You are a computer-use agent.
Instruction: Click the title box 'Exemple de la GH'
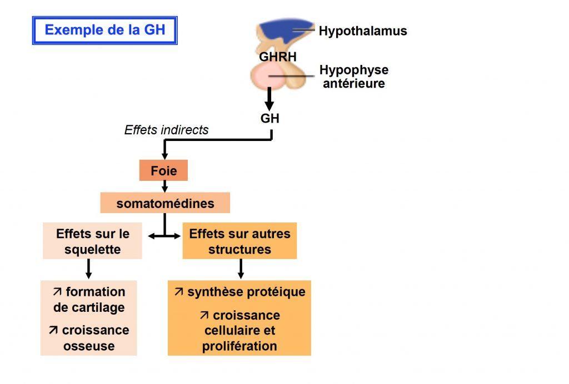[x=104, y=30]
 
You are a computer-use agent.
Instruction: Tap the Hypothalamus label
[x=362, y=31]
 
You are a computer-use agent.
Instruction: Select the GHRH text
[x=278, y=57]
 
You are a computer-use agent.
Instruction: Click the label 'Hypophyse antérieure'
[x=353, y=77]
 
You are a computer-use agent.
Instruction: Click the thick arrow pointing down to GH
[x=269, y=100]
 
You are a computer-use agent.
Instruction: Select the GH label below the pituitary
[x=270, y=118]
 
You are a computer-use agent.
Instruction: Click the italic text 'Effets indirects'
[x=167, y=130]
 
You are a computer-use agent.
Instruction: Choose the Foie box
[x=164, y=171]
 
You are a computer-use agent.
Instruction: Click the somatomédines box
[x=165, y=204]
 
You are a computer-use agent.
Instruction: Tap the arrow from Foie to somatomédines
[x=164, y=187]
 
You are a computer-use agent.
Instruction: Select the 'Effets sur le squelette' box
[x=92, y=241]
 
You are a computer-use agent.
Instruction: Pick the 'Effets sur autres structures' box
[x=239, y=241]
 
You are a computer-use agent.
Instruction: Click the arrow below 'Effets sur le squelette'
[x=88, y=269]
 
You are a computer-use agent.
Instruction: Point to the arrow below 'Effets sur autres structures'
[x=241, y=269]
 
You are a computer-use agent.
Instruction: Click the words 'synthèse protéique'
[x=246, y=292]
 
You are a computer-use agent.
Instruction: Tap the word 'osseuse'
[x=88, y=346]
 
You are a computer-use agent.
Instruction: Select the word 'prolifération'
[x=239, y=346]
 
